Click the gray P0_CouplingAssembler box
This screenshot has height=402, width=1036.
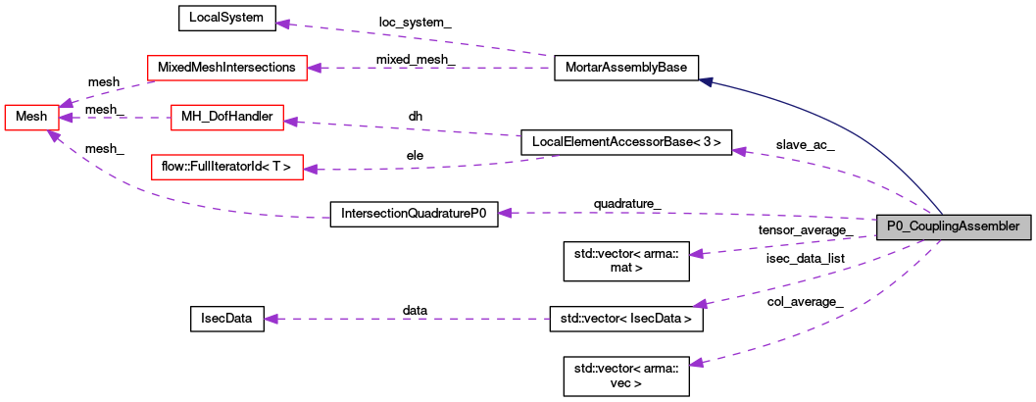(953, 226)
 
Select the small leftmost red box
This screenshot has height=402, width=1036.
(31, 117)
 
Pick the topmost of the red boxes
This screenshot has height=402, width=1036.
(226, 68)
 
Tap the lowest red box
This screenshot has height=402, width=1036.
(226, 167)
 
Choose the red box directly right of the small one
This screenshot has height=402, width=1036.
(226, 118)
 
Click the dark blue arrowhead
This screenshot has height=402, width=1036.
(706, 82)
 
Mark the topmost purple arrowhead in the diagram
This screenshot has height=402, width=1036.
(282, 24)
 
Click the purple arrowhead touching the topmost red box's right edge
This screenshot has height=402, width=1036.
(314, 68)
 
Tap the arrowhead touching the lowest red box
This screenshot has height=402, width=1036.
(310, 170)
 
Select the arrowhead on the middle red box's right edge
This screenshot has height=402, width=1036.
(290, 122)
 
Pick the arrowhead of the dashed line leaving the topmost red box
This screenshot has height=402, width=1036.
(65, 103)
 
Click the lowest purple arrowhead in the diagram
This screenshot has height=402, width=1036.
(696, 364)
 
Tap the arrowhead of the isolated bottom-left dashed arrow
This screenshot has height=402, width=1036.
(271, 319)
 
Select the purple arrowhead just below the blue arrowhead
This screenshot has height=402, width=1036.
(739, 151)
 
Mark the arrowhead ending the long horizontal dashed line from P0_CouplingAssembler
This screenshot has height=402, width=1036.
(505, 213)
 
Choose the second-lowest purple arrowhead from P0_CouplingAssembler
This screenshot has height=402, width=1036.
(700, 305)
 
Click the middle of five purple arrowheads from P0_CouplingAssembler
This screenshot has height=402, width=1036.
(696, 254)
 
